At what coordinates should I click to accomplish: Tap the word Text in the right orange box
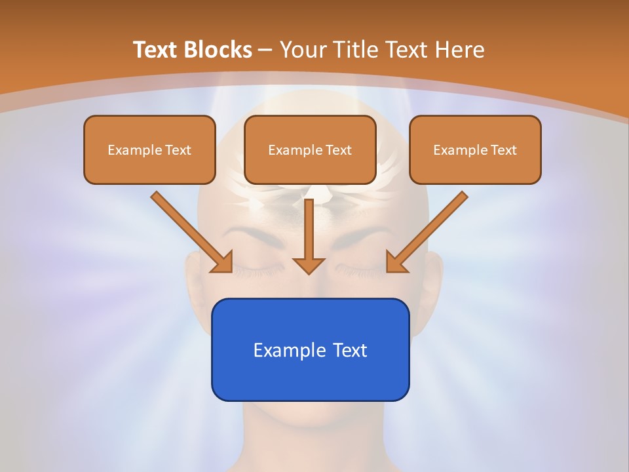[503, 150]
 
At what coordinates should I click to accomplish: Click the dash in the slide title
[265, 50]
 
